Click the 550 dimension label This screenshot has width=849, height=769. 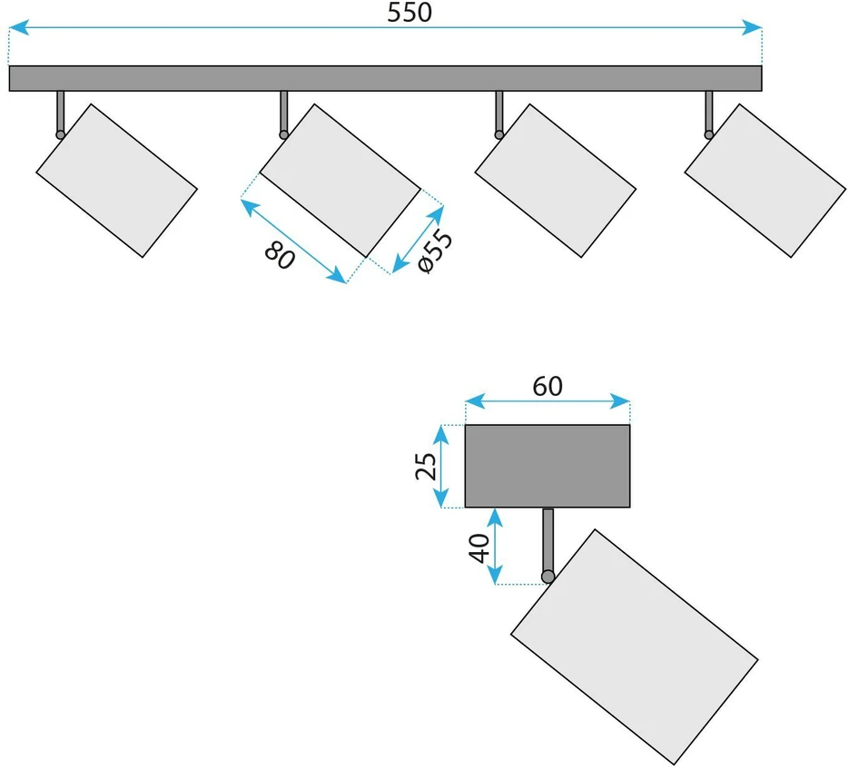tap(410, 13)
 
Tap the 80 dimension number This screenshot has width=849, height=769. tap(280, 255)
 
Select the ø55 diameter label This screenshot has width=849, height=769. tap(435, 251)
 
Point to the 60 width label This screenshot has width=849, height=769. tap(548, 386)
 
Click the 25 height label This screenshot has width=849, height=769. tap(426, 467)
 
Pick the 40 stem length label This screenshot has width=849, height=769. tap(479, 548)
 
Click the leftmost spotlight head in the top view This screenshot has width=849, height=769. tap(116, 181)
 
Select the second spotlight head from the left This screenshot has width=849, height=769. tap(340, 181)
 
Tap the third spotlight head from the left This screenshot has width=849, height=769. tap(555, 181)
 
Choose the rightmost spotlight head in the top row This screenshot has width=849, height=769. tap(765, 181)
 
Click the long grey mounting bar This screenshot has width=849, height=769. tap(386, 78)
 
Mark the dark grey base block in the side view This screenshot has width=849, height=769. tap(548, 467)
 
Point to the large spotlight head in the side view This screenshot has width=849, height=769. tap(634, 647)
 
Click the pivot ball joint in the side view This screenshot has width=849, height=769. tap(548, 577)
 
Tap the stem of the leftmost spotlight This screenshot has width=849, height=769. tap(61, 111)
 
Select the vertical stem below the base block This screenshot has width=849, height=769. tap(548, 540)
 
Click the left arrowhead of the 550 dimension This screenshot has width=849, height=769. tap(19, 27)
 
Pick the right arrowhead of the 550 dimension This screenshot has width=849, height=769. tap(752, 27)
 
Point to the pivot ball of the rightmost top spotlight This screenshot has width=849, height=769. tap(709, 135)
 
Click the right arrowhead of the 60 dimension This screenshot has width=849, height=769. tap(620, 402)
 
